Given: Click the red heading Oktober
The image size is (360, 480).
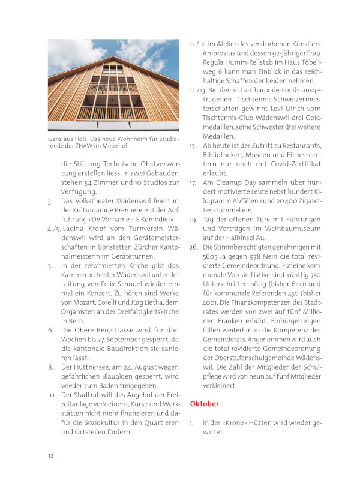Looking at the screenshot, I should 205,404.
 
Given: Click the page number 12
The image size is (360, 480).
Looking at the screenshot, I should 51,456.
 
